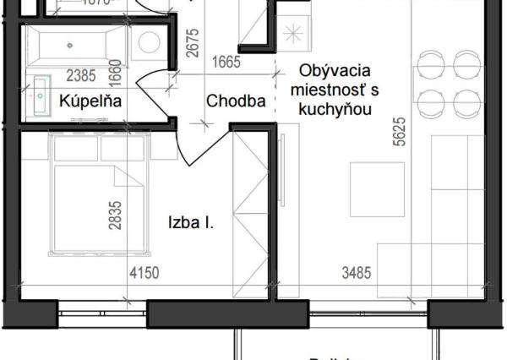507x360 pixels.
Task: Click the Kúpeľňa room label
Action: click(90, 101)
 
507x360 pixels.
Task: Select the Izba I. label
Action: click(190, 225)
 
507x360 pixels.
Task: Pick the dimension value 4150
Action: click(144, 273)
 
